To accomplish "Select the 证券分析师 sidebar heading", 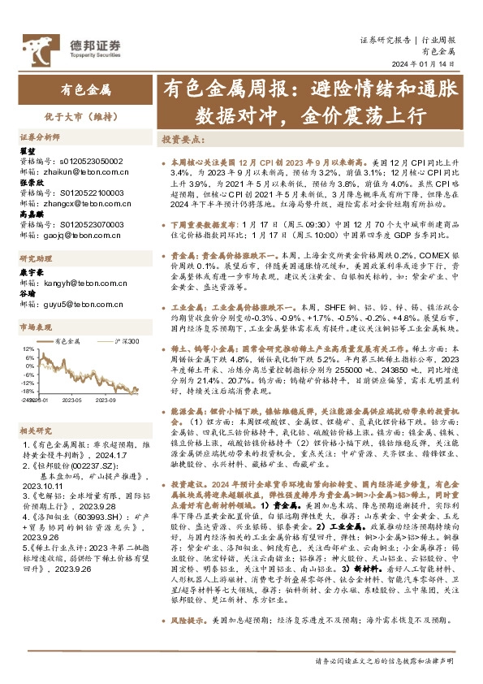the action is [x=40, y=138].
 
